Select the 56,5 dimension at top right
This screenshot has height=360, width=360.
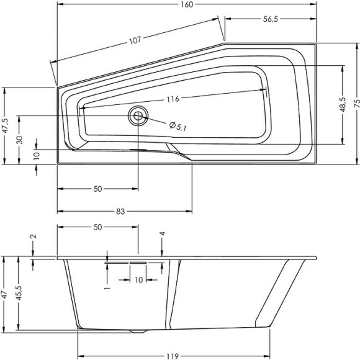tap(270, 19)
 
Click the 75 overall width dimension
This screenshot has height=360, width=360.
tap(356, 104)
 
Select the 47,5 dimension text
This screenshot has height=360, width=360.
tap(5, 126)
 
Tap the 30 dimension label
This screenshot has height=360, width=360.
tap(20, 140)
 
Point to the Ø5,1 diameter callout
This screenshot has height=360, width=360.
tap(178, 126)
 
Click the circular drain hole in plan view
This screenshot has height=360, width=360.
tap(138, 115)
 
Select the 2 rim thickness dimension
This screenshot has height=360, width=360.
tap(33, 236)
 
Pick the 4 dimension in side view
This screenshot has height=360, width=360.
tap(162, 234)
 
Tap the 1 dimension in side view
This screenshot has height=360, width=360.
tap(107, 289)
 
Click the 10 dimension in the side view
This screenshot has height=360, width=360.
tap(138, 280)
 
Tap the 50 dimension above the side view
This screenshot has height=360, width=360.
tap(97, 228)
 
